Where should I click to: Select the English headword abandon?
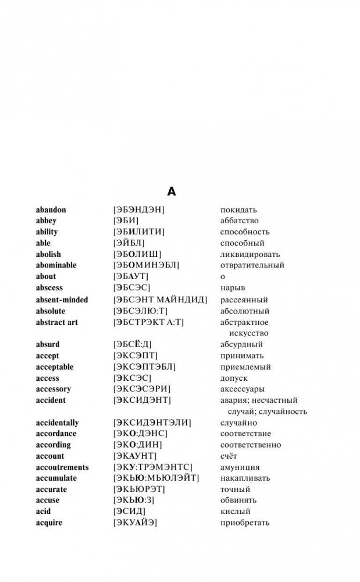(51, 210)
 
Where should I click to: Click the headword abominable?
(56, 265)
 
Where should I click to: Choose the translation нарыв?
(233, 287)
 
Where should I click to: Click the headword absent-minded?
(62, 300)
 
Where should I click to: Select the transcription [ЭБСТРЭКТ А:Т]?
(148, 322)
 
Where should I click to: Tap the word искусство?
(249, 333)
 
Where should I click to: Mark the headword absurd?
(48, 344)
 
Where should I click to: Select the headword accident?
(51, 400)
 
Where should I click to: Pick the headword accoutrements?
(62, 467)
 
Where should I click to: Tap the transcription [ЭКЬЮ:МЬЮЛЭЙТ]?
(156, 478)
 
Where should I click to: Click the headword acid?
(44, 511)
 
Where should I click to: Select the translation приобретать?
(245, 523)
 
